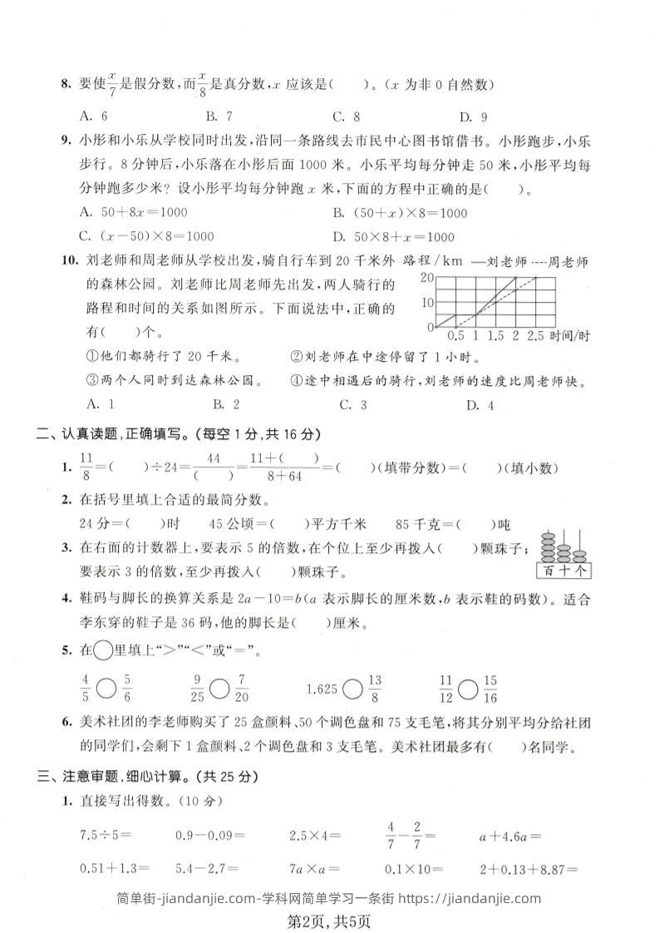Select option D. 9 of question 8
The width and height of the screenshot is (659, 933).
[473, 116]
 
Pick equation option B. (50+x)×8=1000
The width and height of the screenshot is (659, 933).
[399, 213]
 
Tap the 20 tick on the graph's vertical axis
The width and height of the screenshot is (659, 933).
[427, 277]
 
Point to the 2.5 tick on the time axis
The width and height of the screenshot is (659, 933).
[536, 336]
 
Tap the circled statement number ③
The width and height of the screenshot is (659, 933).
[93, 382]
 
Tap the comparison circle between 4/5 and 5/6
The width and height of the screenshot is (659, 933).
[106, 688]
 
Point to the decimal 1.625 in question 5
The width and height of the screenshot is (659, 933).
[322, 688]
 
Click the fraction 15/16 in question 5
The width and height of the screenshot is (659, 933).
[489, 688]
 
